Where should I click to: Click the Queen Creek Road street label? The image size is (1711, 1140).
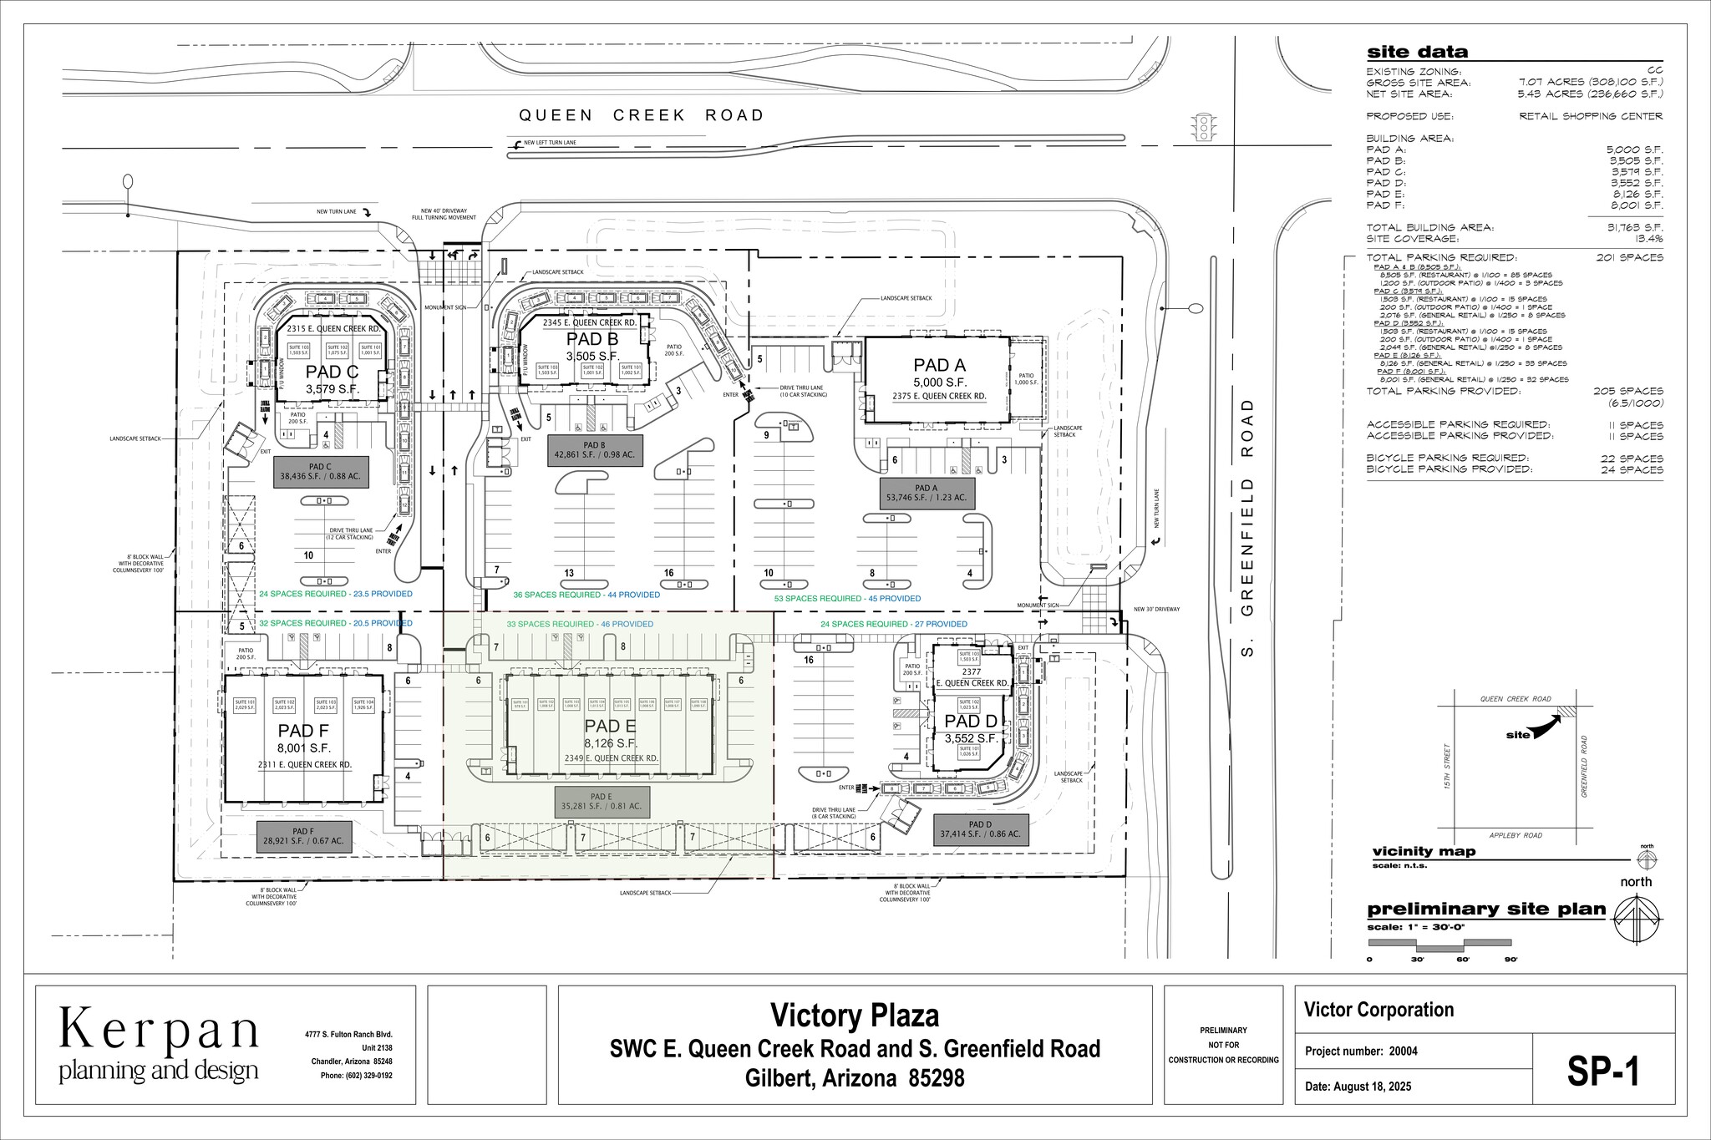(x=641, y=115)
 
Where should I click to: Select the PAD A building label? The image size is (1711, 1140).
(x=939, y=365)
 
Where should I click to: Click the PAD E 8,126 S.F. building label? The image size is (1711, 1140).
(x=611, y=734)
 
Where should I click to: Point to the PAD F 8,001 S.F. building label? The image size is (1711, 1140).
(x=304, y=740)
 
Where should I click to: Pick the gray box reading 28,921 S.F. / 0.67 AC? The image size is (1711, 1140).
(x=303, y=835)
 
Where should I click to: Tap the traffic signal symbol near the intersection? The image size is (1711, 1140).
(x=1204, y=127)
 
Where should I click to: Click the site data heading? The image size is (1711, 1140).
(x=1417, y=53)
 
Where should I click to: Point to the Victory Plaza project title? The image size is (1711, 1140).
(x=854, y=1016)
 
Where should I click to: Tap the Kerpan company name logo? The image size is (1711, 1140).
(x=159, y=1031)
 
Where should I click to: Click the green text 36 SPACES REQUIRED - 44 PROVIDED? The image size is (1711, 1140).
(x=586, y=595)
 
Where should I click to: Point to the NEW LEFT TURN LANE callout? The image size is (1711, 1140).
(x=550, y=143)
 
